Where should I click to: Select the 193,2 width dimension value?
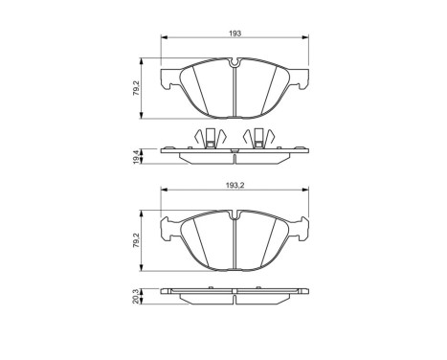point(235,187)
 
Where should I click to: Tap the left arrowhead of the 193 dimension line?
point(164,39)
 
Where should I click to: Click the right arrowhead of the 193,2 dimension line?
point(308,193)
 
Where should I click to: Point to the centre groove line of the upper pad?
point(235,91)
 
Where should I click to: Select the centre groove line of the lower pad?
point(235,244)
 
